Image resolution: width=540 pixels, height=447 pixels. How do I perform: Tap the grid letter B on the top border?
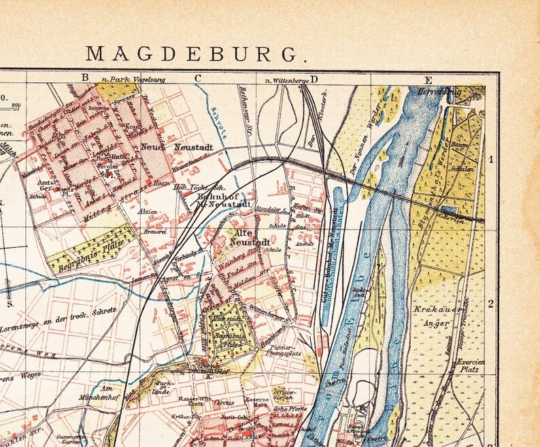coord(85,77)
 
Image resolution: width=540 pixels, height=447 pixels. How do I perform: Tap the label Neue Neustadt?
coord(169,146)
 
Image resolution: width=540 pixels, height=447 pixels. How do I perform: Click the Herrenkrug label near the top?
coord(460,90)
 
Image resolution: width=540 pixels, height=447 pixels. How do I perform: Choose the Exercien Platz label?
coord(470,366)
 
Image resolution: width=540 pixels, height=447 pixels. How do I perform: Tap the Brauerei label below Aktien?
coord(156,230)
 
